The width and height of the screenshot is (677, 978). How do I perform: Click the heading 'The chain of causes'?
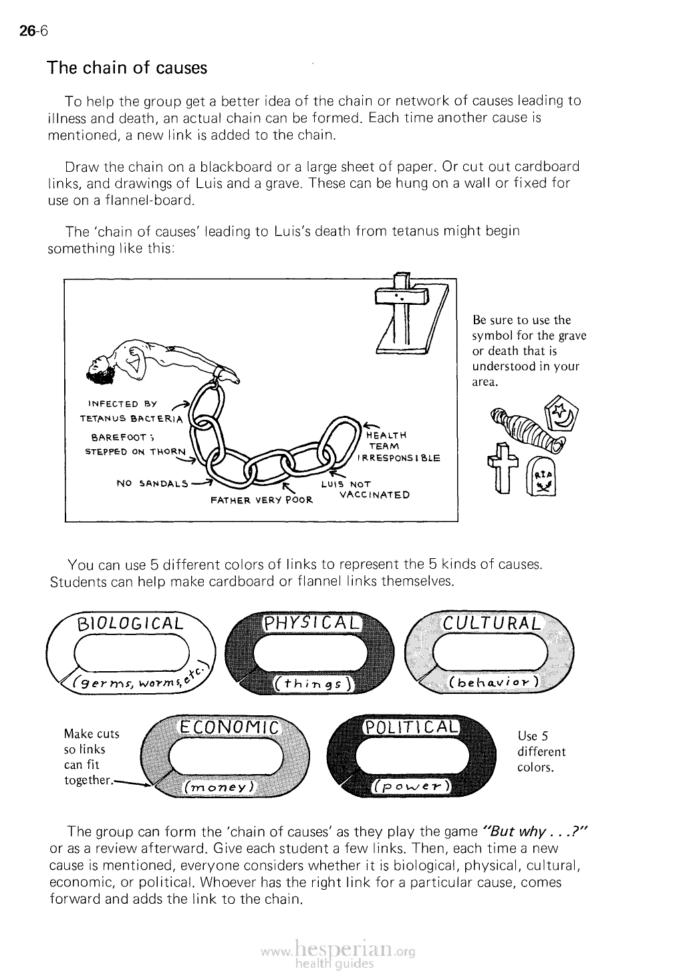[127, 68]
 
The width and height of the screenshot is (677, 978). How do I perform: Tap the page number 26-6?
[31, 31]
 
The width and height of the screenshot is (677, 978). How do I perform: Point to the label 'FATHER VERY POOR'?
[262, 499]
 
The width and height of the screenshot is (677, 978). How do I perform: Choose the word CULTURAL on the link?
[493, 623]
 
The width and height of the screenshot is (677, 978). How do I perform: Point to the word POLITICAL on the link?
[410, 727]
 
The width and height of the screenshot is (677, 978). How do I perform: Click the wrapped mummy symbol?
[523, 429]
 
